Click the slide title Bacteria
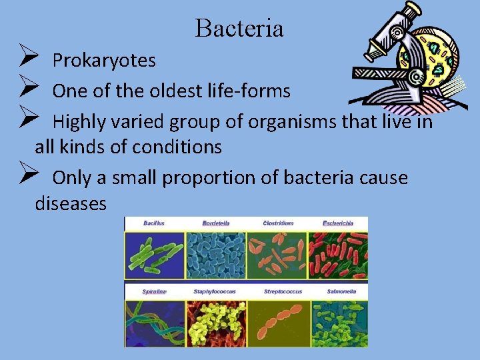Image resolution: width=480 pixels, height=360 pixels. coord(239,29)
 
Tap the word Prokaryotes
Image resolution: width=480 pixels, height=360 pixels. coord(104,61)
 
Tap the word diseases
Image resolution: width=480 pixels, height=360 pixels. coord(70,203)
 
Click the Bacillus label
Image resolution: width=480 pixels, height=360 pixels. coord(155,223)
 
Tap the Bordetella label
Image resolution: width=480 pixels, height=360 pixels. coord(217,223)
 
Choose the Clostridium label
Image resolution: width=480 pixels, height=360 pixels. coord(277,223)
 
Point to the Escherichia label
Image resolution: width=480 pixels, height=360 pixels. coord(337,223)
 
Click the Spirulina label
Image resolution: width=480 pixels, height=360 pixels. coord(154,291)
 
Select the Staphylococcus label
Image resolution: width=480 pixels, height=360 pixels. coord(216,291)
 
